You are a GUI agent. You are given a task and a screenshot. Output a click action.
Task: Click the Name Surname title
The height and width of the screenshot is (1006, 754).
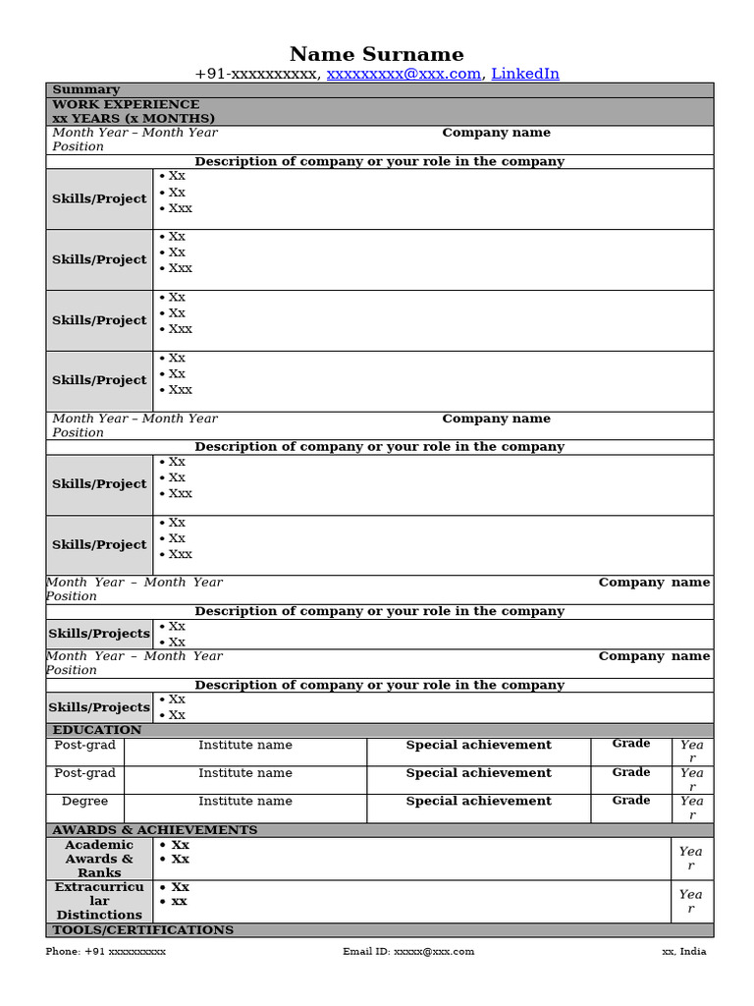[x=376, y=54]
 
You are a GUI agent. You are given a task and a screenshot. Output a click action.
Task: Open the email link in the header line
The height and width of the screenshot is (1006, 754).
[x=404, y=74]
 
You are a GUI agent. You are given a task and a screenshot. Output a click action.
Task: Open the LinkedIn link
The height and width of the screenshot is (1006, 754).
[x=525, y=74]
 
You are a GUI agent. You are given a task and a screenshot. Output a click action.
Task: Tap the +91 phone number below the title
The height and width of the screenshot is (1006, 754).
[x=255, y=74]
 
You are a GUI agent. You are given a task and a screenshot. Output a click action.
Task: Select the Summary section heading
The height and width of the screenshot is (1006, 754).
[x=85, y=89]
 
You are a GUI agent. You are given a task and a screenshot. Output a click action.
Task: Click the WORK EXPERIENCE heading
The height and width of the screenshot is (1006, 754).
[x=126, y=104]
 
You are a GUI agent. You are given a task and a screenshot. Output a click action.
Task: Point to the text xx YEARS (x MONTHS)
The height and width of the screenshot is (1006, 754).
[x=134, y=118]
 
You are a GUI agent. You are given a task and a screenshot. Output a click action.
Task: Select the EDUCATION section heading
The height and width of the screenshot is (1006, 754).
[x=96, y=730]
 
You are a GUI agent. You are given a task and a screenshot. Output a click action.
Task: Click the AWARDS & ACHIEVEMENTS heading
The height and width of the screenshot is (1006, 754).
[x=154, y=830]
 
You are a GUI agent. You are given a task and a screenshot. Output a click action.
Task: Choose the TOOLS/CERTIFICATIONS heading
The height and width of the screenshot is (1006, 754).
[x=142, y=929]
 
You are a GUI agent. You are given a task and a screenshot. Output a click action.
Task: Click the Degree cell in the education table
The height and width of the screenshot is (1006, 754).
[x=85, y=802]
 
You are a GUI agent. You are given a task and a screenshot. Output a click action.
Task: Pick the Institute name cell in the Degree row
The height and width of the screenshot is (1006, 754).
[x=245, y=802]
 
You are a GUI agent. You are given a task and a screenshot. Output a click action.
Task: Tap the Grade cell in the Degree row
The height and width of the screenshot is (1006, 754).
[x=631, y=801]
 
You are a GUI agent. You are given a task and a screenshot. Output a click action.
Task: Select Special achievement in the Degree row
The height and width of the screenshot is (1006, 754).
[x=479, y=802]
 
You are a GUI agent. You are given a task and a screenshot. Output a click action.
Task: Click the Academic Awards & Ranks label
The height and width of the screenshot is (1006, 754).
[x=99, y=859]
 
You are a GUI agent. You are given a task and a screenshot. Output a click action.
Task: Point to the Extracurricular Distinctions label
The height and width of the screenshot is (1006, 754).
[x=99, y=901]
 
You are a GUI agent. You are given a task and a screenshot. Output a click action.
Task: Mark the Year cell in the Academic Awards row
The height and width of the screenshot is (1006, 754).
[x=691, y=859]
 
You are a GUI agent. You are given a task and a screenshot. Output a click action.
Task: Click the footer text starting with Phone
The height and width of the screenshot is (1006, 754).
[x=106, y=951]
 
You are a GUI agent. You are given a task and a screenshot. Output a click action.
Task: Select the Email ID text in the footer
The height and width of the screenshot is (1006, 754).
[x=408, y=951]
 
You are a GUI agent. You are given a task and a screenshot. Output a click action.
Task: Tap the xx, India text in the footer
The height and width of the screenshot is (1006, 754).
[x=683, y=951]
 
